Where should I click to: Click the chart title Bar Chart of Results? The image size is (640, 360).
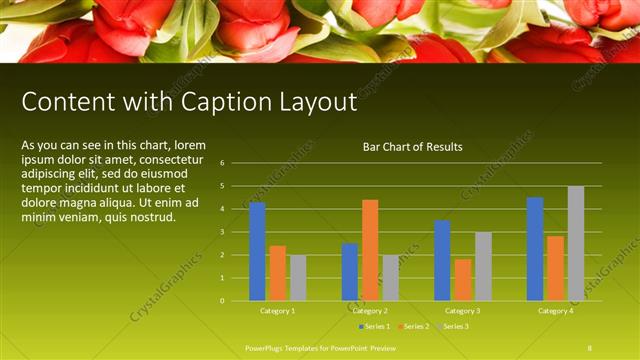[412, 147]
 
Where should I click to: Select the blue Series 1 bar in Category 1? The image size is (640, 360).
[257, 251]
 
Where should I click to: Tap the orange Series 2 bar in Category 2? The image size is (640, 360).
[370, 250]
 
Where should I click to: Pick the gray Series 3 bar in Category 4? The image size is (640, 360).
[576, 243]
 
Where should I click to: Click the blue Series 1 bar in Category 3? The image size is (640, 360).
[442, 260]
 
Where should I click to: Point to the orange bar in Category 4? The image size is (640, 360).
[555, 268]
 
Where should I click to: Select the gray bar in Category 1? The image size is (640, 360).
[298, 277]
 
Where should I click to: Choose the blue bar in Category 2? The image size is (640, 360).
[350, 271]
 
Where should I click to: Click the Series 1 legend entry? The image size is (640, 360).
[374, 327]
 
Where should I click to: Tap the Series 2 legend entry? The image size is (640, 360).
[413, 327]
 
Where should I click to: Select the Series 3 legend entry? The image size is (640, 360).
[453, 327]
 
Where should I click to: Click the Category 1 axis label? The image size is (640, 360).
[277, 311]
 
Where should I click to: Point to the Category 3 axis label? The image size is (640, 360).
[462, 311]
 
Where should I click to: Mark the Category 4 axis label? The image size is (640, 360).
[555, 311]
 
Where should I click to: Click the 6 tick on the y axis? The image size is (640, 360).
[221, 163]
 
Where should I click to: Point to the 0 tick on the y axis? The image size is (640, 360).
[221, 300]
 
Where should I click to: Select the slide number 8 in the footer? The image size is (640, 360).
[590, 347]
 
